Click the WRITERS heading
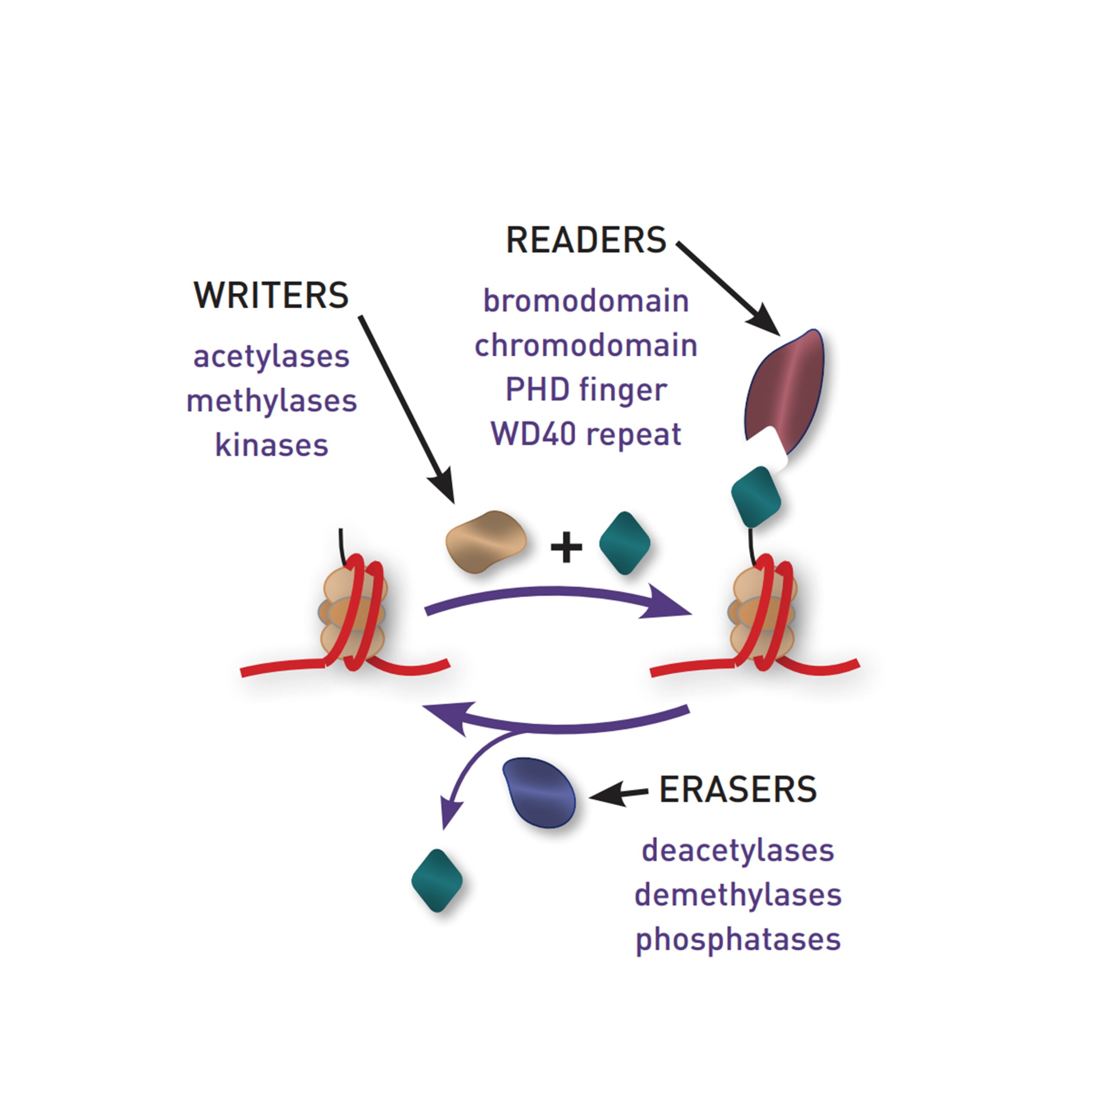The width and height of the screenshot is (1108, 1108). point(271,295)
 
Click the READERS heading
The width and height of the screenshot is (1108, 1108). point(586,240)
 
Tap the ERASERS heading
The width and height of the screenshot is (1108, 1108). point(738,790)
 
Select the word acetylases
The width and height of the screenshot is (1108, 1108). point(271,357)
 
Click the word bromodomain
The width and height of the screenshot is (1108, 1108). point(586,301)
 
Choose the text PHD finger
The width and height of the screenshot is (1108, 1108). point(586,390)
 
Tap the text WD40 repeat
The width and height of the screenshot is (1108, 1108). point(586,434)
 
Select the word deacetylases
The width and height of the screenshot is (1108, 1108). point(738,850)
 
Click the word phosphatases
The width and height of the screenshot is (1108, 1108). point(738,939)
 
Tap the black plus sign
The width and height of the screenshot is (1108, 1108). point(566,547)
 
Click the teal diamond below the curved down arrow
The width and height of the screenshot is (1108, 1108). point(437,881)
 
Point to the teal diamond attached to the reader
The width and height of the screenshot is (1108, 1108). point(756,496)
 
